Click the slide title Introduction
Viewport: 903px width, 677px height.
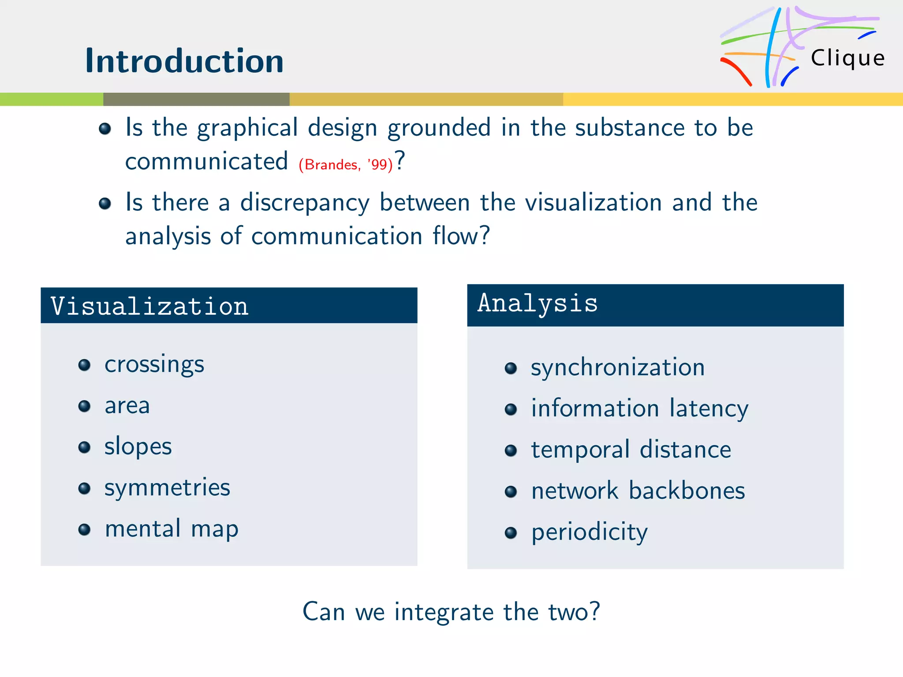(184, 61)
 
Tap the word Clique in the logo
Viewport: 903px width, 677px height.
(847, 58)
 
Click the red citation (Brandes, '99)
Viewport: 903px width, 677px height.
(345, 165)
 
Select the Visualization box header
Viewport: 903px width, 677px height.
(229, 305)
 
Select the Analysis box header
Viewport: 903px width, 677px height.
(655, 305)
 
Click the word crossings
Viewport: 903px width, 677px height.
(154, 365)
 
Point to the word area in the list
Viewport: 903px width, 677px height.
(127, 405)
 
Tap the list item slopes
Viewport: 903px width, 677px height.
(138, 446)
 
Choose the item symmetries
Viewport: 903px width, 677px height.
(167, 488)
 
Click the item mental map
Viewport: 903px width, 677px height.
(172, 529)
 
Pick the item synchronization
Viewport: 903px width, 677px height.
(617, 368)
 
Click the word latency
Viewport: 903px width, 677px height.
(709, 409)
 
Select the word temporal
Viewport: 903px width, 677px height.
(580, 450)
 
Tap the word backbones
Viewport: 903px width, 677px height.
(687, 491)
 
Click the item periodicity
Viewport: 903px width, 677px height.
(589, 532)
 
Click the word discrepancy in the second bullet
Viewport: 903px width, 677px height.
(305, 203)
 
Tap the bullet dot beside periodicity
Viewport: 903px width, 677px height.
(511, 533)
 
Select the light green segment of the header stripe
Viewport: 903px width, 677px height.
(51, 99)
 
